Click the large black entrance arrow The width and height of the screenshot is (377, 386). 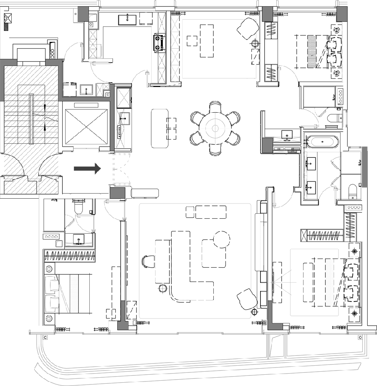(x=87, y=168)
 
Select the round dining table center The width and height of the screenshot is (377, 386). (x=215, y=128)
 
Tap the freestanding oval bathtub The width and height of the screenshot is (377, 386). (x=323, y=142)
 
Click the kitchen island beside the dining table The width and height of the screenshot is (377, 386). (x=159, y=128)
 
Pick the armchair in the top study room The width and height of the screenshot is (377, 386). (x=247, y=29)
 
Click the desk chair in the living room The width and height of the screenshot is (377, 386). (x=148, y=261)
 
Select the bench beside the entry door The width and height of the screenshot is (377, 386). (x=145, y=193)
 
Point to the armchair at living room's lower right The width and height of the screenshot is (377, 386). (x=248, y=298)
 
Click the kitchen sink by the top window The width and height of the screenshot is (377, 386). (x=127, y=19)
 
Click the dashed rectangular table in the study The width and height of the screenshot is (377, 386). (x=206, y=41)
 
